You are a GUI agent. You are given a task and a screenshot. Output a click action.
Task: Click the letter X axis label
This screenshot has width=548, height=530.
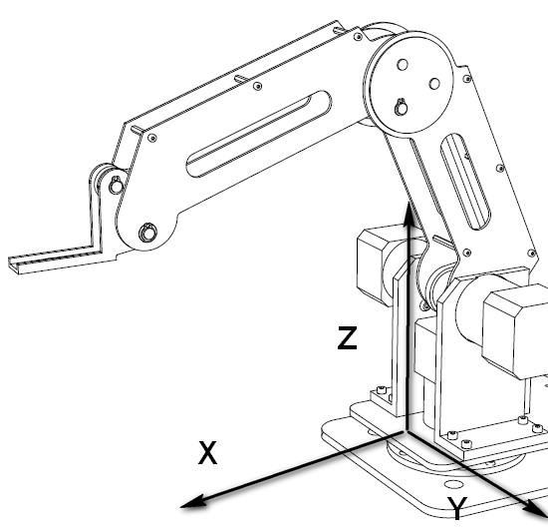206,454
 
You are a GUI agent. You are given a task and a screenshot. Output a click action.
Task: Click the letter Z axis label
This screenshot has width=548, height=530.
346,338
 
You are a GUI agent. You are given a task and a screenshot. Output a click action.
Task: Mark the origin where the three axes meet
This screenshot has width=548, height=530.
406,432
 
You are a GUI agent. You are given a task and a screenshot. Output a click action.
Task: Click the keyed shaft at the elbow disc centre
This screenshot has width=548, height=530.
400,106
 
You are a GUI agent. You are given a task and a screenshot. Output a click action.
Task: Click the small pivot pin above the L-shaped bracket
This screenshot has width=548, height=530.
117,185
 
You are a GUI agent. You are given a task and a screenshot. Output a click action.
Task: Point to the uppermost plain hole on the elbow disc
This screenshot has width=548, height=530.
403,66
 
